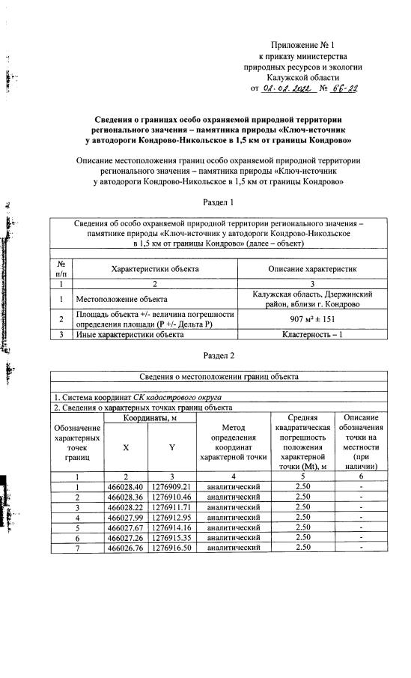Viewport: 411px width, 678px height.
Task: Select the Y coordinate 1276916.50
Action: (x=171, y=569)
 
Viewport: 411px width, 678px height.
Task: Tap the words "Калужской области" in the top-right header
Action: (x=305, y=76)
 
